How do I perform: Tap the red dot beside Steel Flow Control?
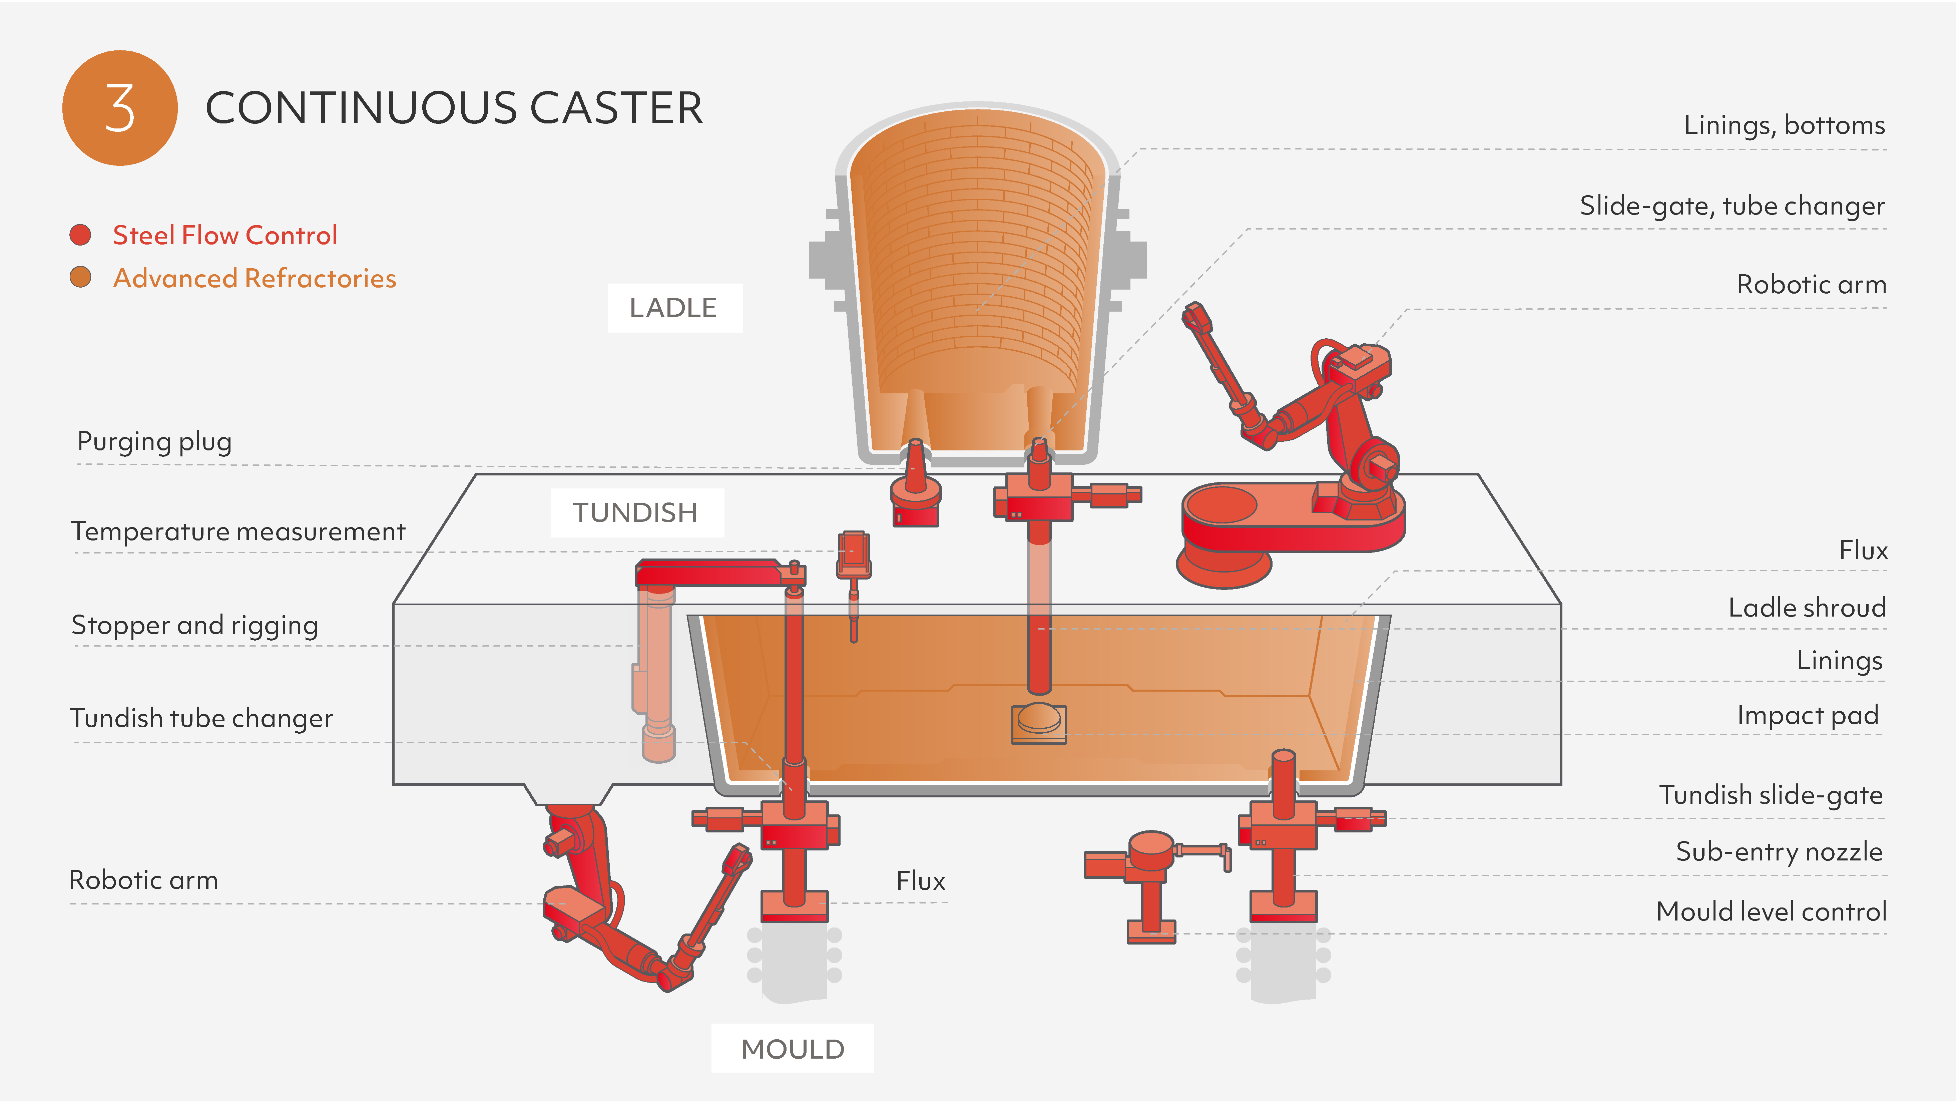[80, 235]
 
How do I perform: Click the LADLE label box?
[674, 308]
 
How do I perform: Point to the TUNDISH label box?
[636, 513]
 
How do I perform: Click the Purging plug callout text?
[155, 441]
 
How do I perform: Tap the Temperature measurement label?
[238, 531]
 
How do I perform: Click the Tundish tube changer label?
[201, 718]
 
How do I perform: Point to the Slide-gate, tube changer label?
[1732, 206]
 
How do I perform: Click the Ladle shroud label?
[1807, 608]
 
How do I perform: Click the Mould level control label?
[1771, 911]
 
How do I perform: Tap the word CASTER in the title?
[615, 108]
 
